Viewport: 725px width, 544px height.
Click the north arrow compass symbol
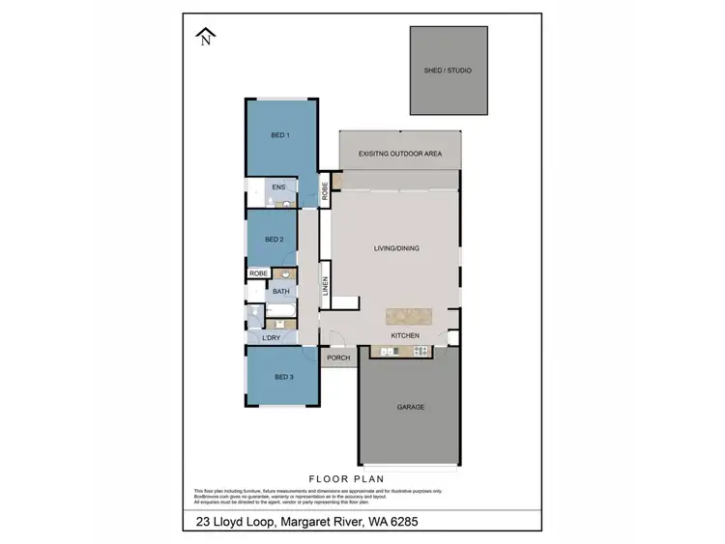[205, 38]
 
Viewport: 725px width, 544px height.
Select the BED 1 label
[280, 135]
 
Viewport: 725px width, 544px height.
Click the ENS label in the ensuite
[278, 186]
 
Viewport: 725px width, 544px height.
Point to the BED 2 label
[275, 239]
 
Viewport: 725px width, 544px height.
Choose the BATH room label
[281, 291]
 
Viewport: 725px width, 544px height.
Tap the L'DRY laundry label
[272, 337]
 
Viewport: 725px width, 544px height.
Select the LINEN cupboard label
[326, 286]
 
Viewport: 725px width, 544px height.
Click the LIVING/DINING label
[398, 248]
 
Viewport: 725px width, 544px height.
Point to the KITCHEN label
[405, 335]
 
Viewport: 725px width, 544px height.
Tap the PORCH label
[338, 358]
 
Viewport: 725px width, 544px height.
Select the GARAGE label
[410, 407]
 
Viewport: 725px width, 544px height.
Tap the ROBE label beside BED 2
[258, 273]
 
